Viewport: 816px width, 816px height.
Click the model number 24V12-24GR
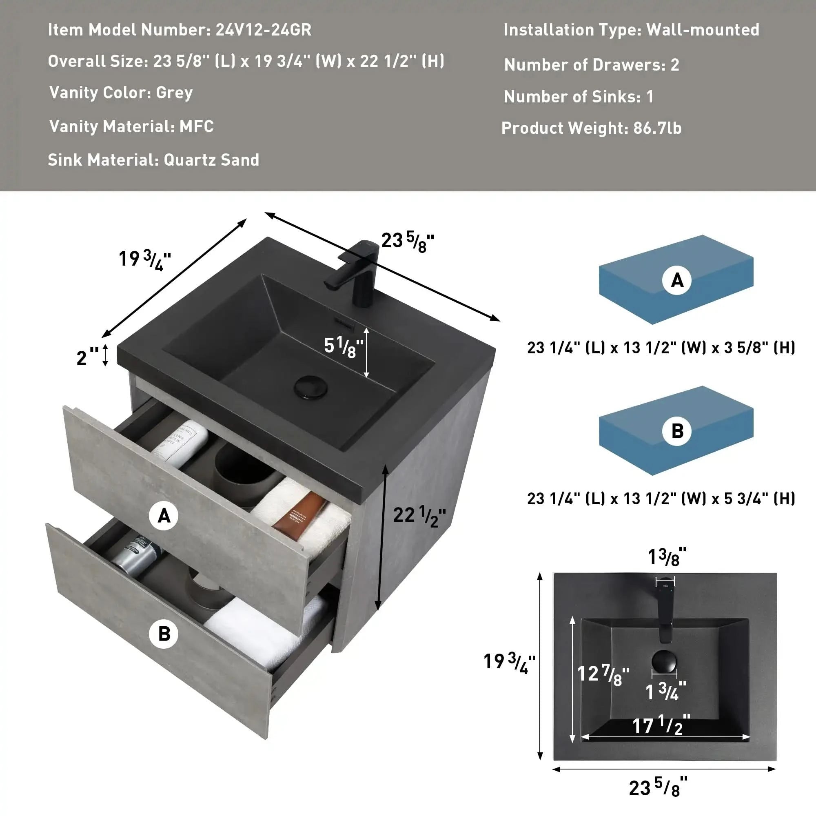[x=263, y=30]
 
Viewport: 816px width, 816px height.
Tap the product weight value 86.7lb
[x=657, y=128]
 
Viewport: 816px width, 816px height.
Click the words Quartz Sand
[x=211, y=160]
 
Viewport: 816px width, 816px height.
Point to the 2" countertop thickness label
[x=86, y=358]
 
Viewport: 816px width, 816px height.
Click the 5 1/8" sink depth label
[x=343, y=347]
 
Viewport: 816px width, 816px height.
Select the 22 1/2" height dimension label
[x=419, y=516]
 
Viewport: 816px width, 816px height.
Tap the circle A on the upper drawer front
[x=164, y=516]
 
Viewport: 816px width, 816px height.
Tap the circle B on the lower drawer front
[x=164, y=634]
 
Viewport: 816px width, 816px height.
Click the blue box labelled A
[x=676, y=279]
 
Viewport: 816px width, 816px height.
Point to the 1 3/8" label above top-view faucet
[x=667, y=557]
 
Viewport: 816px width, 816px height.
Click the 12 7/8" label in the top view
[x=603, y=674]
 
